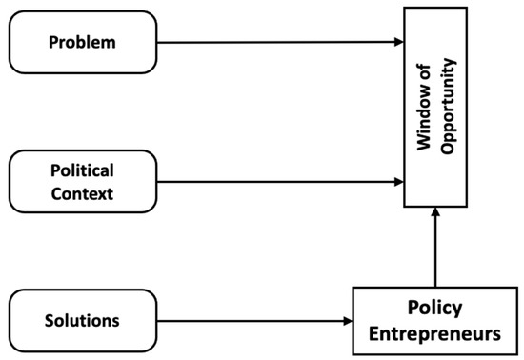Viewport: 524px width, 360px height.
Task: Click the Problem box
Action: [82, 42]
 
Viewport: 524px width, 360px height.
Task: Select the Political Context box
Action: [82, 180]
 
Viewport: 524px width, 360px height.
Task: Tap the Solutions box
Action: [82, 321]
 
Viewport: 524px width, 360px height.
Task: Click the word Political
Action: [82, 170]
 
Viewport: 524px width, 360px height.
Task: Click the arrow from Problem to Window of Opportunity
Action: [276, 42]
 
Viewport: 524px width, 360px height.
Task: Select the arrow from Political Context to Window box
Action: [276, 180]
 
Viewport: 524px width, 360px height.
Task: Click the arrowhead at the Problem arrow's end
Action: [398, 42]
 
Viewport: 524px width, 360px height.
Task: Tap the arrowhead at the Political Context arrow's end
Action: [398, 180]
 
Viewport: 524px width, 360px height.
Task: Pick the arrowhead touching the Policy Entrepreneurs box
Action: [349, 321]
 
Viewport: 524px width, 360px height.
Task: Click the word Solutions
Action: [82, 321]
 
